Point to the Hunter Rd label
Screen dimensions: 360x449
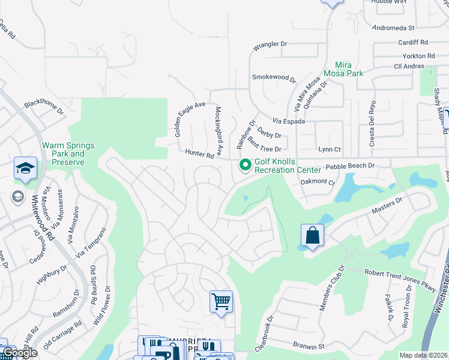click(199, 155)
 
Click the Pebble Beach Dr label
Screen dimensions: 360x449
click(350, 166)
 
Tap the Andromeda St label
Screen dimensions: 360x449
click(394, 28)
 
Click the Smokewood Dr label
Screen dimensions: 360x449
click(274, 77)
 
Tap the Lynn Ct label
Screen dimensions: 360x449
click(330, 149)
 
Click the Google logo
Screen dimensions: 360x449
click(20, 353)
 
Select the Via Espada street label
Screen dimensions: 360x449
click(289, 121)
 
